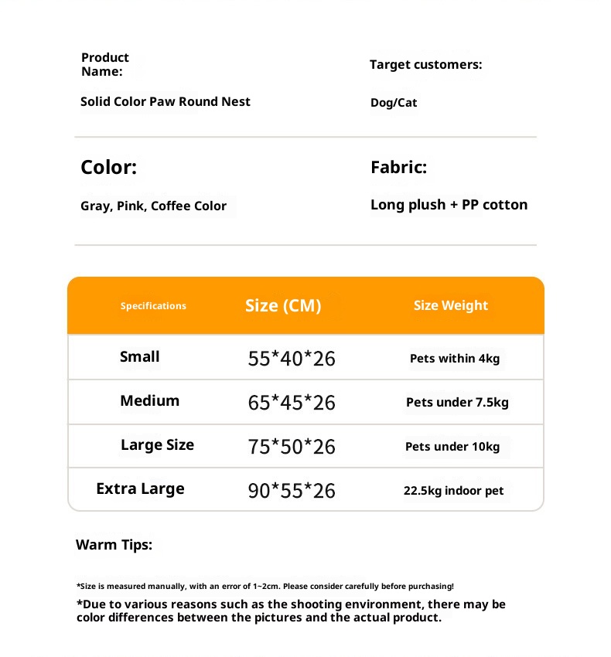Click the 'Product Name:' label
click(x=105, y=64)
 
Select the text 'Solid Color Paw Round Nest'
click(x=166, y=101)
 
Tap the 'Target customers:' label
click(x=425, y=64)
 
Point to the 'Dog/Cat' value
click(x=394, y=103)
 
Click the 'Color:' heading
click(x=108, y=167)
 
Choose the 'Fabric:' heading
click(x=398, y=167)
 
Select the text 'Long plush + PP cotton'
click(x=449, y=205)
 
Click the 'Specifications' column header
click(x=153, y=306)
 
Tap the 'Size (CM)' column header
click(x=283, y=305)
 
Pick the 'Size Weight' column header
click(x=451, y=305)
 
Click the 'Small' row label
click(x=140, y=356)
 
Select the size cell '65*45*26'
click(x=292, y=403)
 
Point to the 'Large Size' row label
click(x=157, y=444)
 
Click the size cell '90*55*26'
click(x=292, y=491)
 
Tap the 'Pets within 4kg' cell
click(x=455, y=359)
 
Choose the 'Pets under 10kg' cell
click(x=452, y=447)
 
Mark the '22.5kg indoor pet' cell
click(x=453, y=491)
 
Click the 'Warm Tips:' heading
click(x=114, y=545)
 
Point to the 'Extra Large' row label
click(x=140, y=488)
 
